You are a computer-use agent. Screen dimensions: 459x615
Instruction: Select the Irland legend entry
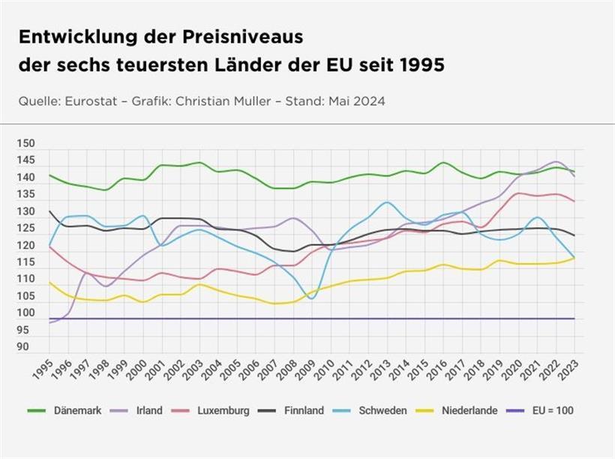coord(144,410)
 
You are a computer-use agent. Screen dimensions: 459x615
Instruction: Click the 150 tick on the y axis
coord(25,143)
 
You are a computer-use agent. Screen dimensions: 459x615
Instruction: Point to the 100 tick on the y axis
coord(25,313)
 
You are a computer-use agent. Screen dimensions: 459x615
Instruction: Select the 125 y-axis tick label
coord(25,228)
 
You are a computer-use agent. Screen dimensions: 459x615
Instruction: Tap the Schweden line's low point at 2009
coord(311,298)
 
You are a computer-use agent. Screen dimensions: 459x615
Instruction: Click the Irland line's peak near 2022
coord(556,161)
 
